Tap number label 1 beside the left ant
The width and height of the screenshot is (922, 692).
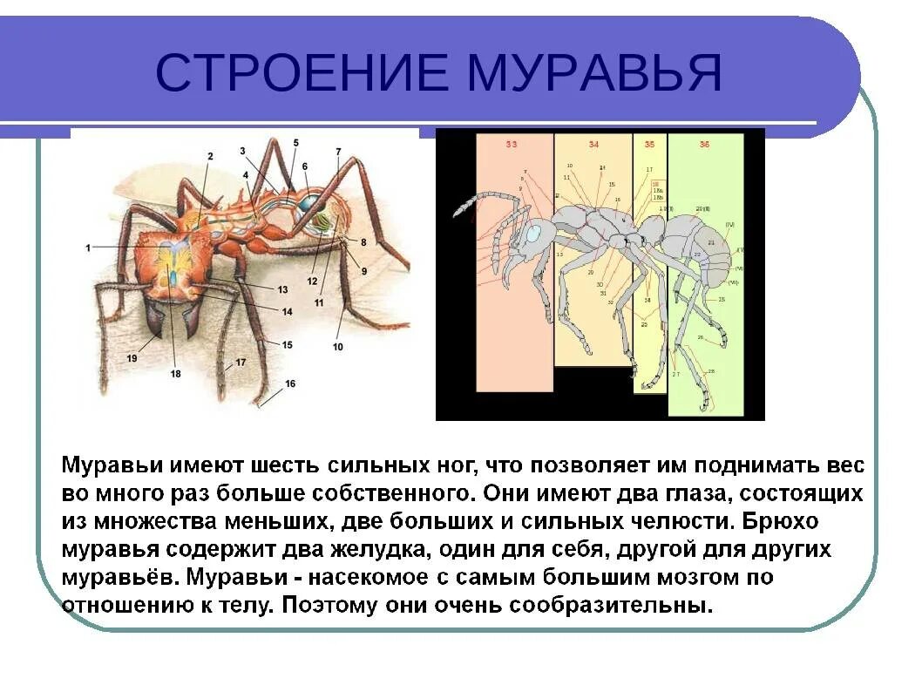pyautogui.click(x=88, y=248)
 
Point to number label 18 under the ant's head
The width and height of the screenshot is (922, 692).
pyautogui.click(x=176, y=374)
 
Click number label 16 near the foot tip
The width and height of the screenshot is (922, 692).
pyautogui.click(x=290, y=383)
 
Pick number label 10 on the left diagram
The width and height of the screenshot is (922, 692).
pyautogui.click(x=338, y=347)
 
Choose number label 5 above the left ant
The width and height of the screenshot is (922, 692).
pyautogui.click(x=295, y=142)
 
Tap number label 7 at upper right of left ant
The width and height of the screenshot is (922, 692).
pyautogui.click(x=338, y=152)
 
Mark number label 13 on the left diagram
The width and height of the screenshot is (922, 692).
pyautogui.click(x=282, y=289)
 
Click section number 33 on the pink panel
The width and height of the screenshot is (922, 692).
pyautogui.click(x=512, y=144)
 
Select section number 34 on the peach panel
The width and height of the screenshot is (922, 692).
pyautogui.click(x=593, y=144)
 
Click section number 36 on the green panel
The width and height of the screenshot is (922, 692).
pyautogui.click(x=704, y=144)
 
